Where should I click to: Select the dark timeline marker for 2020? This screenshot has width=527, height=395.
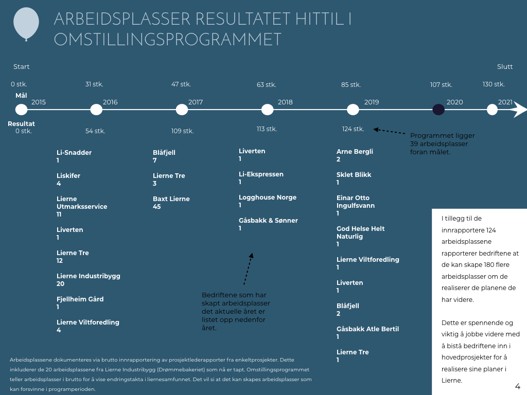438,110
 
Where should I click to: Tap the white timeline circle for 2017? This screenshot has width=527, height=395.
182,110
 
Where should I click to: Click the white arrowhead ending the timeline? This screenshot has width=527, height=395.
520,110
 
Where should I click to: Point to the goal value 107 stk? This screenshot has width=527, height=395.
441,85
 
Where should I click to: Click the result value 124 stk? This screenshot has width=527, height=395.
353,129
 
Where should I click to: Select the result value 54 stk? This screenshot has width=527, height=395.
95,131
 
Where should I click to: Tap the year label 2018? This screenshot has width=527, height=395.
285,102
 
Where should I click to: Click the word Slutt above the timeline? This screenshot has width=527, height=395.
505,67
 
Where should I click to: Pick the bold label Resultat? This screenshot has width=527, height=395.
21,123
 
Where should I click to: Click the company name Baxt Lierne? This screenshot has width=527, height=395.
171,199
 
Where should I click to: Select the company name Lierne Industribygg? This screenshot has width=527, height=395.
89,276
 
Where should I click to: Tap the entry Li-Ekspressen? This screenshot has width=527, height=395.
261,174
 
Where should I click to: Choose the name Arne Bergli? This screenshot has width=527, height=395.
355,152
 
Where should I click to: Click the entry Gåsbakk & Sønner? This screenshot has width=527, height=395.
268,221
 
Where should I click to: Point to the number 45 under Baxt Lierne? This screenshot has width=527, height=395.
156,207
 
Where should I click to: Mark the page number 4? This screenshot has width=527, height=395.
518,386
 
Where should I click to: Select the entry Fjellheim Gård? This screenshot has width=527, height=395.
80,299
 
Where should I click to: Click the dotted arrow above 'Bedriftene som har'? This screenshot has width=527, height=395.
249,269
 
